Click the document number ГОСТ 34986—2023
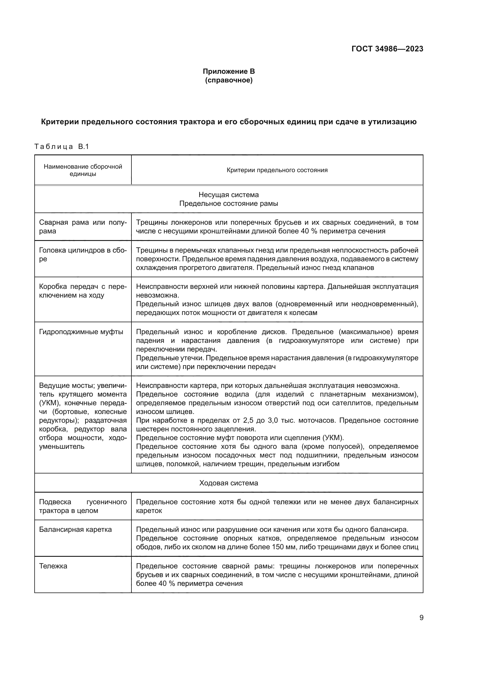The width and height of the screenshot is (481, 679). pyautogui.click(x=387, y=49)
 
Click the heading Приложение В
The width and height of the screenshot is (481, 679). pyautogui.click(x=229, y=71)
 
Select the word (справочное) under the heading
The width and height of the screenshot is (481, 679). pyautogui.click(x=229, y=80)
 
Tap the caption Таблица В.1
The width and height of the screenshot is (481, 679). pyautogui.click(x=62, y=147)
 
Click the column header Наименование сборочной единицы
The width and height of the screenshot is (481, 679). pyautogui.click(x=83, y=170)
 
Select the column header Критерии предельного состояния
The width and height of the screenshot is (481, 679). pyautogui.click(x=277, y=170)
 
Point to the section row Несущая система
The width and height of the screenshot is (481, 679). pyautogui.click(x=229, y=195)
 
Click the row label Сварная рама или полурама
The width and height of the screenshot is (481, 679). pyautogui.click(x=83, y=226)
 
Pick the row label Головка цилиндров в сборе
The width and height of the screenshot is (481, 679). pyautogui.click(x=83, y=254)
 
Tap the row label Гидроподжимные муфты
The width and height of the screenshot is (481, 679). pyautogui.click(x=81, y=332)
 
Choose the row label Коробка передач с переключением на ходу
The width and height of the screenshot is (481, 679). pyautogui.click(x=83, y=291)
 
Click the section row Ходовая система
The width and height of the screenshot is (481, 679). pyautogui.click(x=229, y=483)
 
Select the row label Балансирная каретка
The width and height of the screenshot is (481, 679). pyautogui.click(x=76, y=529)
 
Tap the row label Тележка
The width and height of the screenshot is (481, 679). pyautogui.click(x=53, y=566)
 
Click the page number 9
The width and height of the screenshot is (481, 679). pyautogui.click(x=421, y=618)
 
